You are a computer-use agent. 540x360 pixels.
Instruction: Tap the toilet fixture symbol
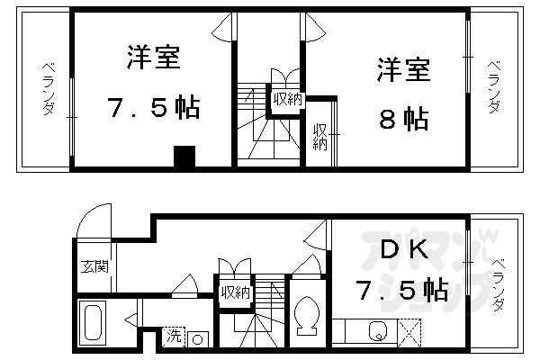click(305, 314)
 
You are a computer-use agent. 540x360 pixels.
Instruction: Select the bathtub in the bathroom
click(94, 321)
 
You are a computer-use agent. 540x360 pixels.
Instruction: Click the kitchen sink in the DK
click(377, 330)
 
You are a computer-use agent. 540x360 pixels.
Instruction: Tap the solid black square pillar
click(184, 157)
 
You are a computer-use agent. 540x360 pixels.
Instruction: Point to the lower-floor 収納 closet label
click(235, 292)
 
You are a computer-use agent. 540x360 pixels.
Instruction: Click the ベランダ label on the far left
click(48, 88)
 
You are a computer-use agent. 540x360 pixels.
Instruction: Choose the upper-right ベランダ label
click(494, 86)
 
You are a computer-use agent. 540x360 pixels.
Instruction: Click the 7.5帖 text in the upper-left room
click(153, 110)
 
